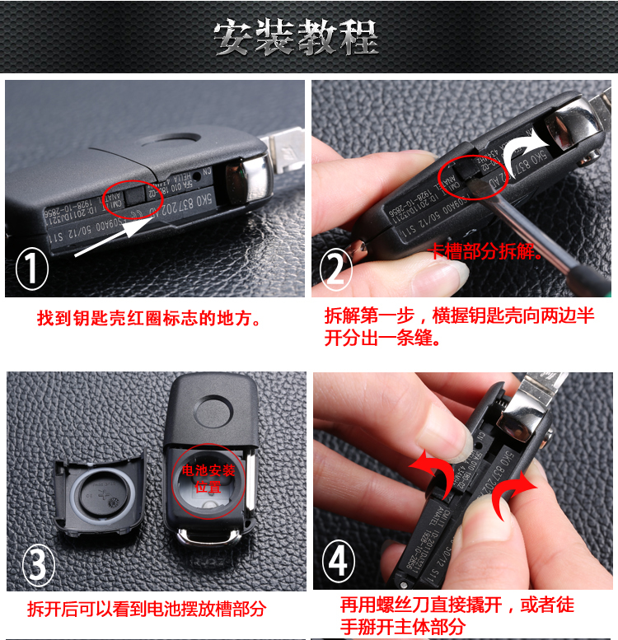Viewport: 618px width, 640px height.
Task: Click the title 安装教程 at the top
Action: point(296,36)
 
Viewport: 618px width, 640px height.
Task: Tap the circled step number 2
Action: point(335,269)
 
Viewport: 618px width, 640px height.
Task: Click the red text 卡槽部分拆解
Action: point(486,252)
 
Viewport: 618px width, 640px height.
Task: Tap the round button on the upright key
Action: point(213,409)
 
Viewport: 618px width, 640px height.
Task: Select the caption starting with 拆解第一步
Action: point(460,327)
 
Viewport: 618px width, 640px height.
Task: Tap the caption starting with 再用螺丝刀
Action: point(457,616)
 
